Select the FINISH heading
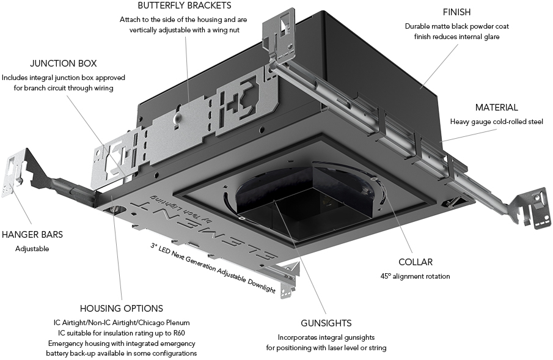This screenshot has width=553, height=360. click(x=456, y=12)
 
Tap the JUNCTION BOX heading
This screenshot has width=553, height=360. click(x=64, y=64)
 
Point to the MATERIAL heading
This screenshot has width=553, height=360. click(x=496, y=108)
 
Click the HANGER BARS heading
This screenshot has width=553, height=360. click(x=32, y=235)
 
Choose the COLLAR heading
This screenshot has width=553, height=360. click(x=415, y=262)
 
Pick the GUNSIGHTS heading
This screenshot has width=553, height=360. click(x=326, y=323)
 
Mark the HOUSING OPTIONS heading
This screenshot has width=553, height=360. click(x=121, y=309)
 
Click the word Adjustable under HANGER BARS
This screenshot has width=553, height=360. click(x=32, y=249)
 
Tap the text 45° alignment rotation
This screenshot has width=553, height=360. click(x=415, y=276)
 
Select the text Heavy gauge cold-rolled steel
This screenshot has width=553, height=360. click(x=496, y=122)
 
